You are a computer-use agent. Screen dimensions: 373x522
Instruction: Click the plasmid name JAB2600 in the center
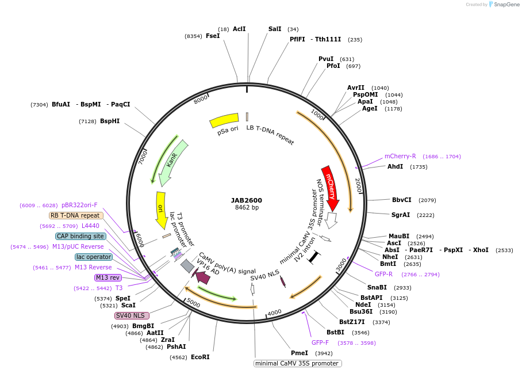247,200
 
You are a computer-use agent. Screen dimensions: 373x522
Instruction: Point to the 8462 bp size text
247,208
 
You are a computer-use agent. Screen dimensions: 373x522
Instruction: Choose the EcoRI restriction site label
200,357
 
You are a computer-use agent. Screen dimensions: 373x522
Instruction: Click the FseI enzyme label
213,36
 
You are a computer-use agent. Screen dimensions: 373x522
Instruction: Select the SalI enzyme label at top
275,29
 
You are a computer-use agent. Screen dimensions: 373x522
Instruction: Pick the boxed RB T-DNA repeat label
76,215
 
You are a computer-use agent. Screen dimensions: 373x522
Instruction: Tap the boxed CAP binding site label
80,236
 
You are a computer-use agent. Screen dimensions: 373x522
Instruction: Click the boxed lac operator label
93,257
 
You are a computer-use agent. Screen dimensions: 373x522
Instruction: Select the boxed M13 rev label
108,277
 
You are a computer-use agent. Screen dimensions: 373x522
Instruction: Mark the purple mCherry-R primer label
400,156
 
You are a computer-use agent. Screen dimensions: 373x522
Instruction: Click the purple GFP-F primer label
320,342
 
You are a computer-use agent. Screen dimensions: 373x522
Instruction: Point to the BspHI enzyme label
110,121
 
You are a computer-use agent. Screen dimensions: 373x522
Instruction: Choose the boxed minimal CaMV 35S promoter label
298,363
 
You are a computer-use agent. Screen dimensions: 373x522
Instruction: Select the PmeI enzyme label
300,353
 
